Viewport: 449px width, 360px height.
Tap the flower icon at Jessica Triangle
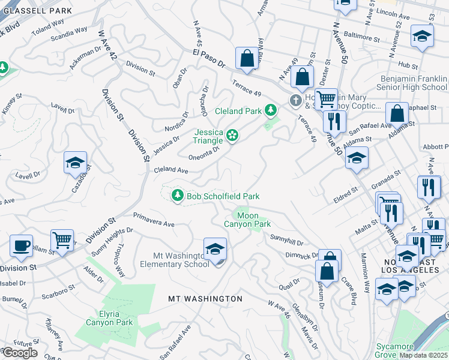point(232,137)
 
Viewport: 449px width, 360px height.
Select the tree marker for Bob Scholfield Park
point(177,196)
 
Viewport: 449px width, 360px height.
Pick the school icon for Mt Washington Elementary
point(215,251)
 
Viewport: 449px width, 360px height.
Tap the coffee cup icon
point(22,246)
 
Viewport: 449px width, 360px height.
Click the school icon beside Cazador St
point(76,163)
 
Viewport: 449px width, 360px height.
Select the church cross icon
point(295,100)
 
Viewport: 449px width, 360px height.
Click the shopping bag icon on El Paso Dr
point(246,59)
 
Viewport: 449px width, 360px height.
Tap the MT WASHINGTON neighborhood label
point(205,298)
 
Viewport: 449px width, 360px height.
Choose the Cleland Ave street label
point(171,170)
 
